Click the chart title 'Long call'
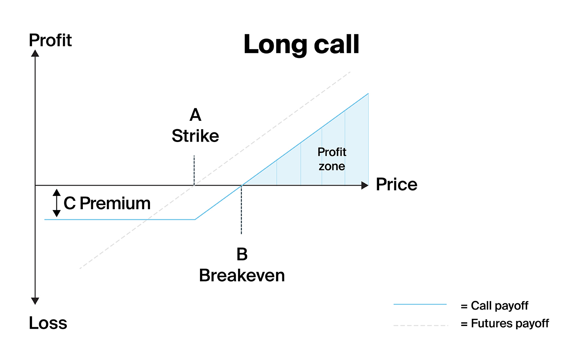(x=301, y=44)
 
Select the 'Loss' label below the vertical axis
(x=48, y=323)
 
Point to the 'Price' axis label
(x=396, y=184)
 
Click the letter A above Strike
(x=196, y=115)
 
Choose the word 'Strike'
(x=196, y=136)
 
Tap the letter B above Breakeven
(x=242, y=254)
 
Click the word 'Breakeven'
(x=242, y=275)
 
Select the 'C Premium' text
(x=107, y=203)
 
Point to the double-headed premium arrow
(x=56, y=203)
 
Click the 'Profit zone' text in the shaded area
(x=332, y=159)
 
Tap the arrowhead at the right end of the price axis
(x=365, y=185)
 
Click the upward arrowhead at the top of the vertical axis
(x=35, y=54)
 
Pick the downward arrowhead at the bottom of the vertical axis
(x=35, y=301)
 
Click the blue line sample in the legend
(x=420, y=304)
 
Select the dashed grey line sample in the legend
(x=421, y=326)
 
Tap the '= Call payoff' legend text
(x=494, y=306)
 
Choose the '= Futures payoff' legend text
(x=505, y=324)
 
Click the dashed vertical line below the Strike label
(x=194, y=170)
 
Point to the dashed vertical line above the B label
(x=241, y=210)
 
